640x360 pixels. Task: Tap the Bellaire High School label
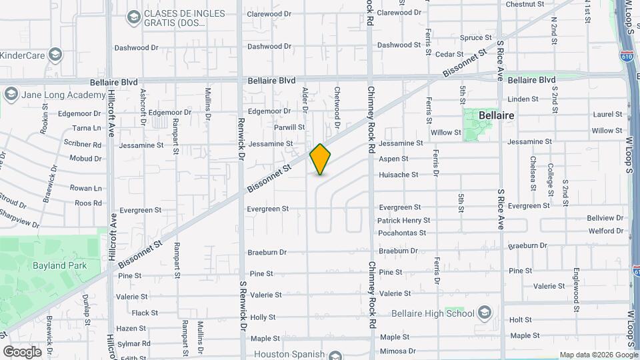tap(442, 313)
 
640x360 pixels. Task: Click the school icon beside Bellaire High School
tap(485, 313)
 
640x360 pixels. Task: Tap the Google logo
tap(22, 351)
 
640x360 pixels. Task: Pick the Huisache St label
tap(398, 175)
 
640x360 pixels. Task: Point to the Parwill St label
tap(289, 127)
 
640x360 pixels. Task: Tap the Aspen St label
tap(393, 159)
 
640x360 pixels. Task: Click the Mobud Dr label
tap(85, 159)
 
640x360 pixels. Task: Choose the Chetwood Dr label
tap(337, 107)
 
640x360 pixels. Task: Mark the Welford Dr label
tap(606, 231)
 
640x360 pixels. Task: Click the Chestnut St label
tap(525, 4)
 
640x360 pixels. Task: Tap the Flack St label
tap(145, 313)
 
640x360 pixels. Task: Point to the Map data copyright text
tap(598, 355)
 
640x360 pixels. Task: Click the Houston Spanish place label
tap(289, 355)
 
